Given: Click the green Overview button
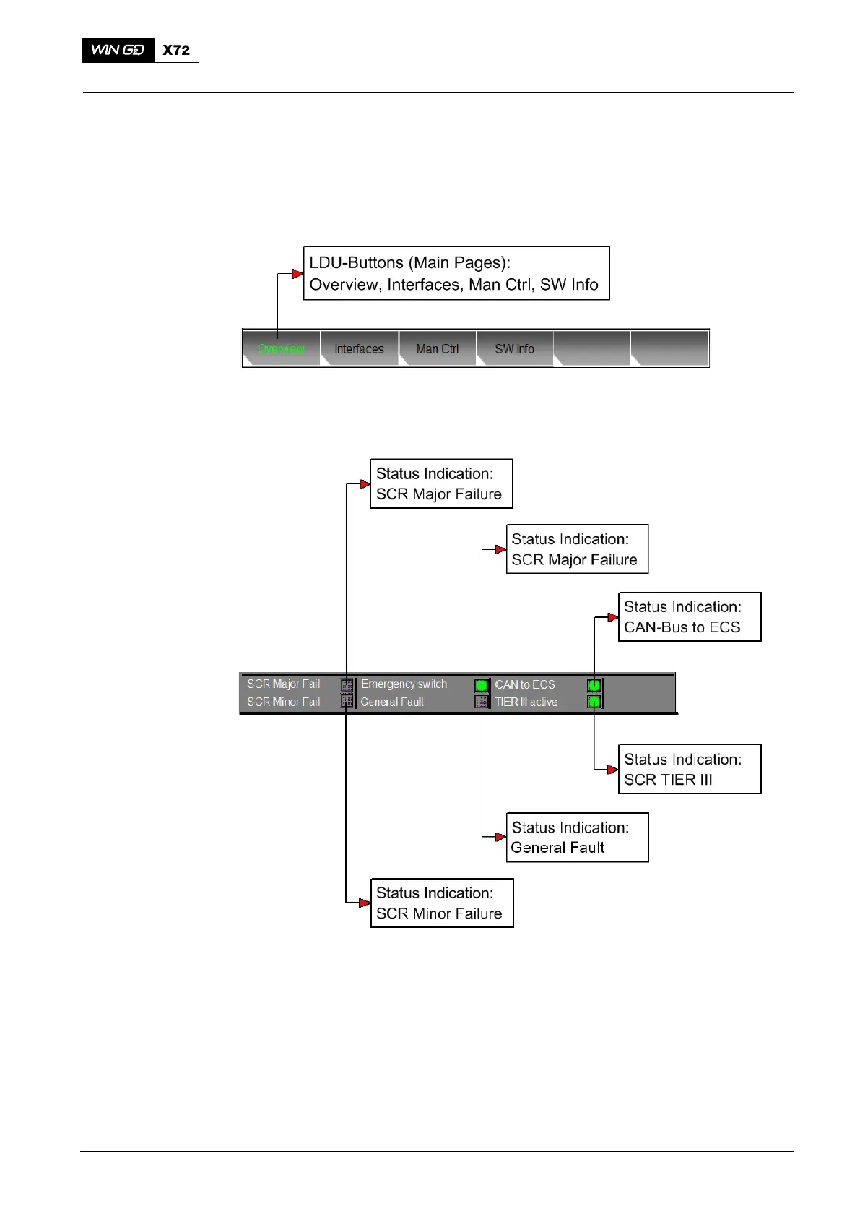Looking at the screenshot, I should click(281, 349).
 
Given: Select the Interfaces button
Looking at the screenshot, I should click(359, 349).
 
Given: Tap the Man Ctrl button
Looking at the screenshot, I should click(437, 349).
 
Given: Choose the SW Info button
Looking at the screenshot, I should click(514, 349).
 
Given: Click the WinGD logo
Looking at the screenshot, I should click(118, 50).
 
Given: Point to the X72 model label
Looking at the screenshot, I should click(176, 50).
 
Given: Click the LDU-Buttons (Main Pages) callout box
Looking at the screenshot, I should click(456, 273).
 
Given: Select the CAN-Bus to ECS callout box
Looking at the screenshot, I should click(689, 616).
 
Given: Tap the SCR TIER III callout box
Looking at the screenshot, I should click(689, 769).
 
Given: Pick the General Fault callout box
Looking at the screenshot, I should click(577, 837).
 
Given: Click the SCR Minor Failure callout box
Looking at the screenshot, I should click(441, 903).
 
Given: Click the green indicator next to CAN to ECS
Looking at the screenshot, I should click(594, 684).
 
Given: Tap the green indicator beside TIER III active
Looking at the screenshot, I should click(594, 702).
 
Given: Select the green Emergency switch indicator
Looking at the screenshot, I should click(482, 684).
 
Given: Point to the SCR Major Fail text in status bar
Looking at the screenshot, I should click(283, 684).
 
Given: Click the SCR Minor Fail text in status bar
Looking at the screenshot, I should click(283, 702).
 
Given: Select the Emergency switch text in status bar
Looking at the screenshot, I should click(404, 684).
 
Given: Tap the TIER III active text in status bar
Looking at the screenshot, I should click(526, 702).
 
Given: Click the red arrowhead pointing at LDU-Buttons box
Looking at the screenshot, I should click(297, 274).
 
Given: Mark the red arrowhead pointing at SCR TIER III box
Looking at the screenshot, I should click(612, 770).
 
